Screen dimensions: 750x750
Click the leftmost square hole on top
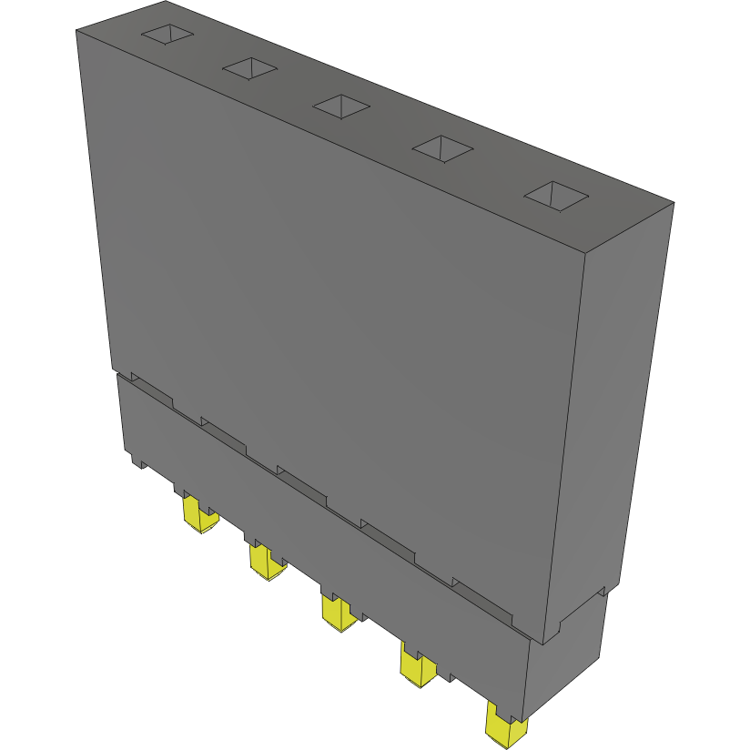pos(167,34)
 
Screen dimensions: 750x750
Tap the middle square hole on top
pos(341,106)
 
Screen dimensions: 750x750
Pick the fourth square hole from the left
pos(442,148)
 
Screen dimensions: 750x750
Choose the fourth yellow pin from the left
pos(417,667)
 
